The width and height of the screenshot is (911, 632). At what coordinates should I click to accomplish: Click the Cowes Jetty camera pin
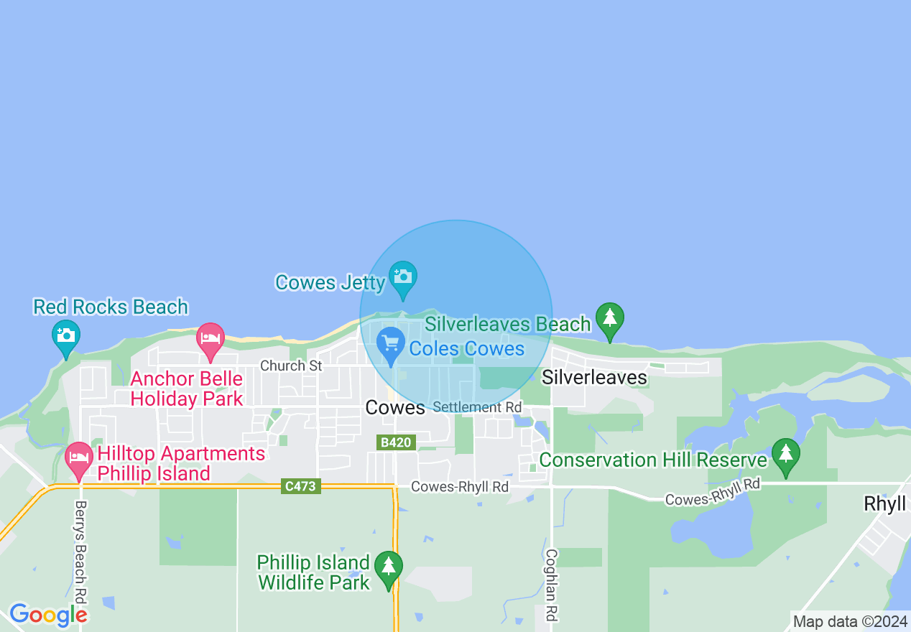pos(403,277)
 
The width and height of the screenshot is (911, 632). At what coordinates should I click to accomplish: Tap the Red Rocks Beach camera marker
pos(66,336)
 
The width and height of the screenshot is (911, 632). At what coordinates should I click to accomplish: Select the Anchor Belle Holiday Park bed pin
pos(210,339)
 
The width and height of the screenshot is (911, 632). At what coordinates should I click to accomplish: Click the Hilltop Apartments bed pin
pos(79,457)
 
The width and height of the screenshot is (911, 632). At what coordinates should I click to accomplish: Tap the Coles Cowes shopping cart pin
pos(391,343)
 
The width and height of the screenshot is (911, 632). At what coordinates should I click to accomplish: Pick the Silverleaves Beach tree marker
pos(610,319)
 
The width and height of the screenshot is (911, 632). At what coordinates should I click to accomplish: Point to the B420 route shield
pos(395,442)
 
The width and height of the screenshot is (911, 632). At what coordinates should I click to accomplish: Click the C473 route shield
pos(300,487)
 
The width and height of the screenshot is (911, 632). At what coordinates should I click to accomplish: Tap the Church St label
pos(291,366)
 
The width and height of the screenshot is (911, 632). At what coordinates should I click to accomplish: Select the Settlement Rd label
pos(477,407)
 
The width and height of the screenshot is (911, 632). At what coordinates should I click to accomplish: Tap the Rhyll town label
pos(885,503)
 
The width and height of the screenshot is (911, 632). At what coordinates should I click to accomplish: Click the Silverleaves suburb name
pos(594,377)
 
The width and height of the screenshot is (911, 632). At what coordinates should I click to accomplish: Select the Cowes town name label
pos(395,407)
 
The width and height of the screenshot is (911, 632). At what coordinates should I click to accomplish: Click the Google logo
pos(48,615)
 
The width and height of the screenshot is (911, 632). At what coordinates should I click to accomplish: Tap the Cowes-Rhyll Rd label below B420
pos(460,487)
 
